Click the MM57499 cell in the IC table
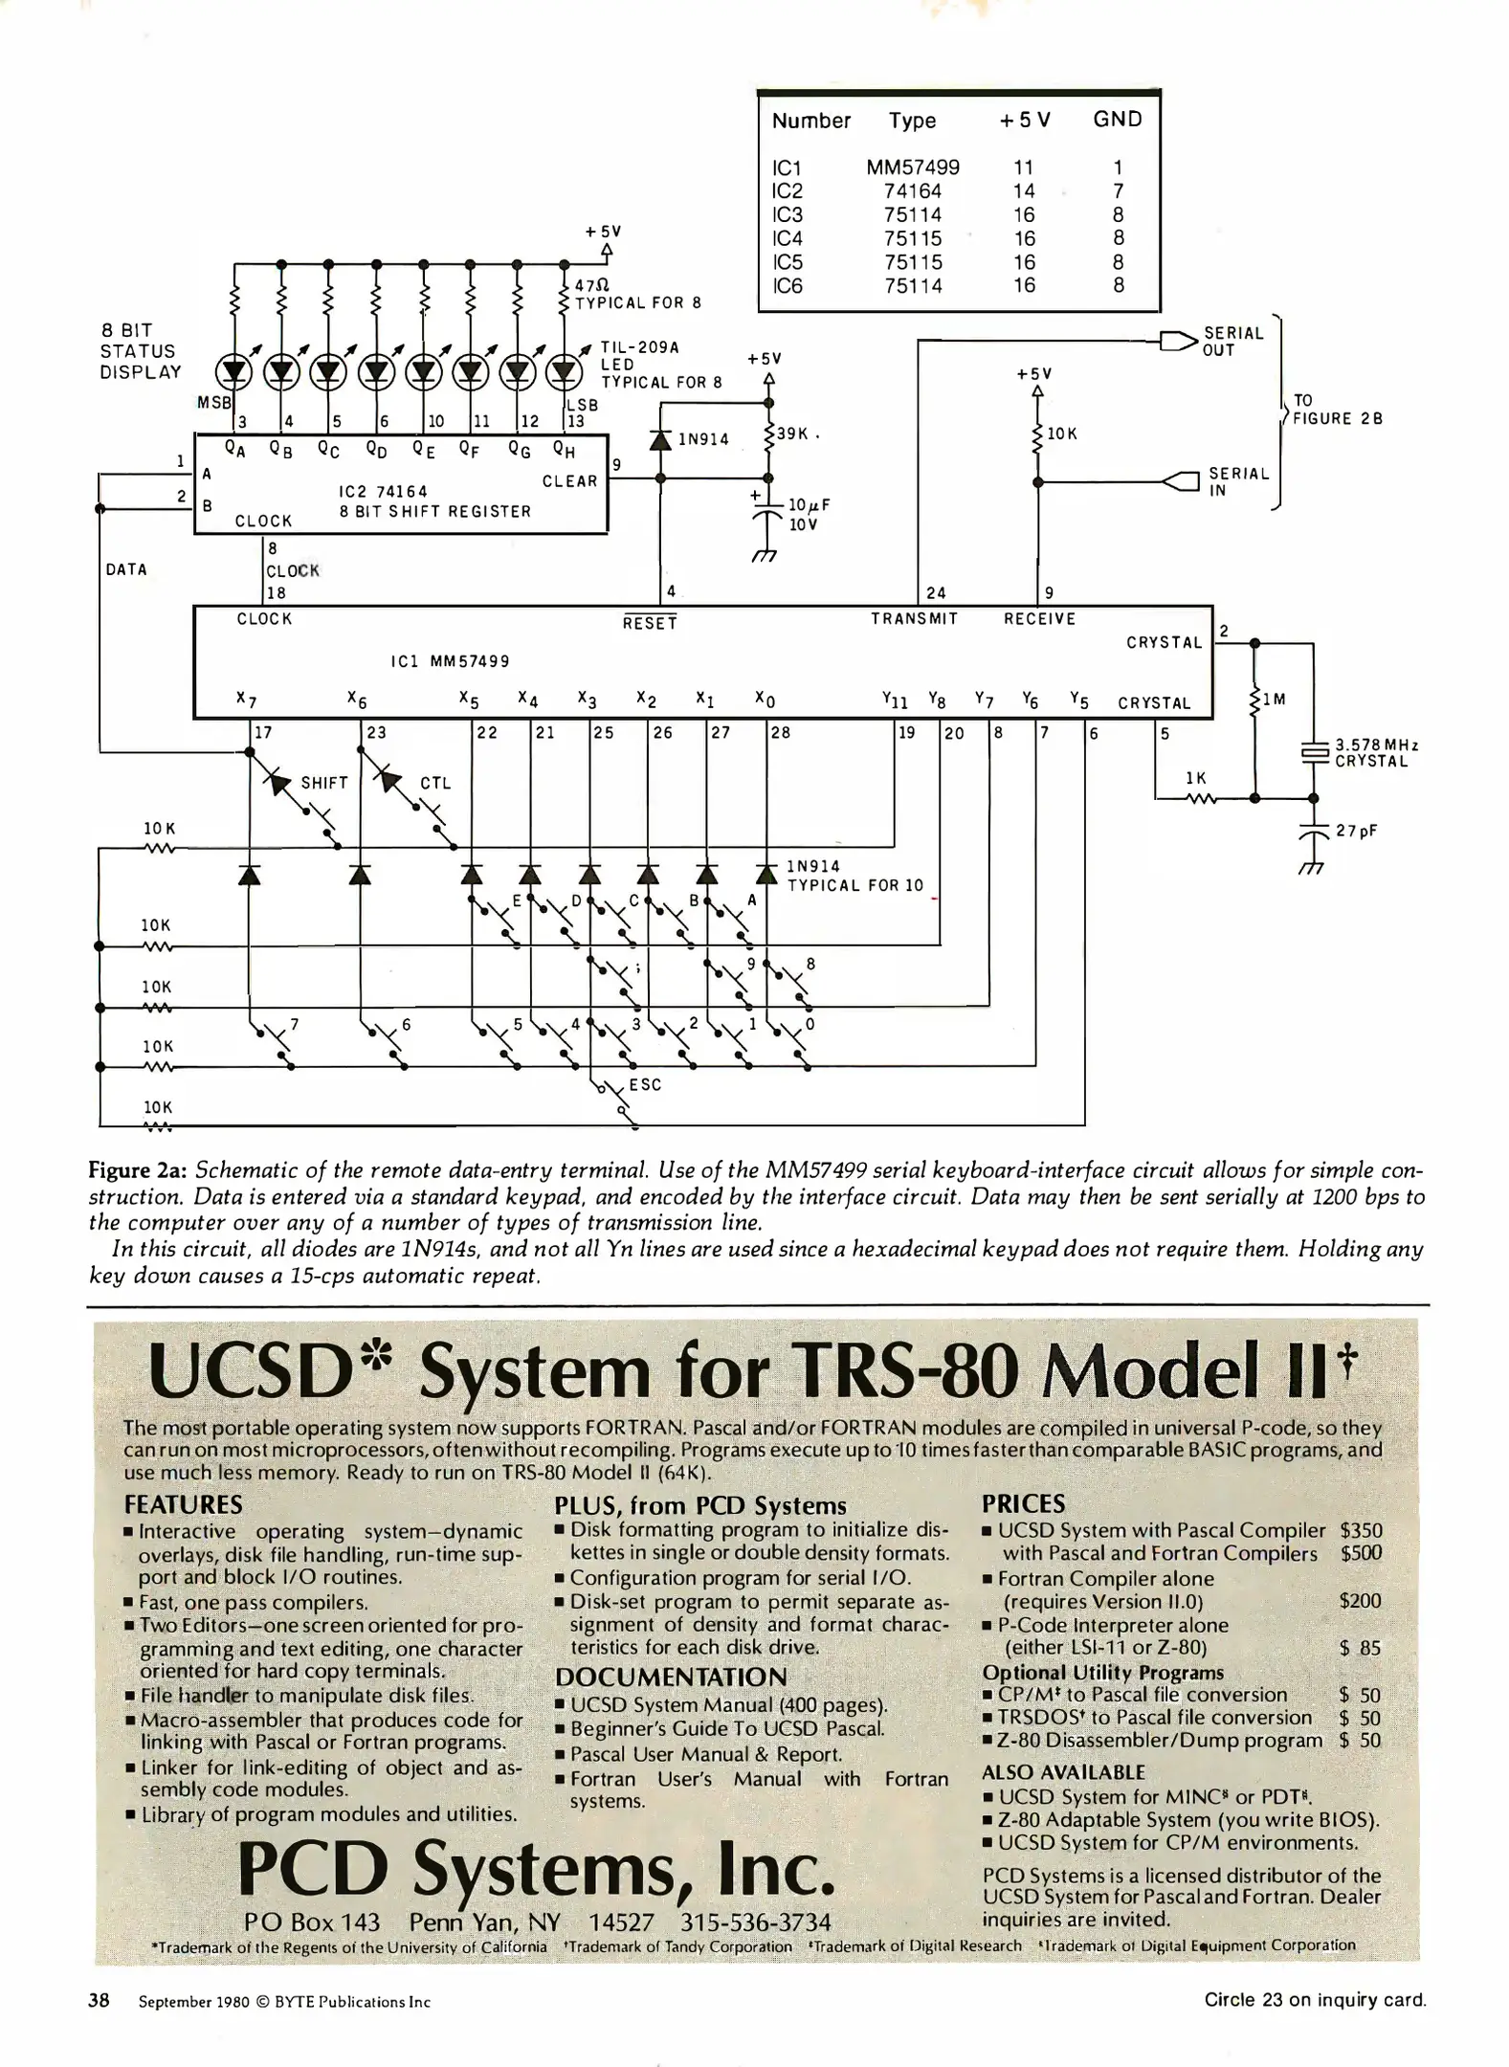click(x=912, y=167)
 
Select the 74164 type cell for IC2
click(x=912, y=191)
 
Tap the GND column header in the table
click(x=1117, y=120)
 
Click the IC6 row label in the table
click(x=787, y=286)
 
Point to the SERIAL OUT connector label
click(x=1232, y=342)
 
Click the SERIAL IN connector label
click(x=1238, y=481)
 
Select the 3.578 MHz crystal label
click(x=1376, y=753)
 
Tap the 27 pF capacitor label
click(x=1357, y=831)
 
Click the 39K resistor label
click(x=793, y=433)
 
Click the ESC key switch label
click(x=645, y=1084)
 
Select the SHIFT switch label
click(x=324, y=783)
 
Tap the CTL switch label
click(x=435, y=783)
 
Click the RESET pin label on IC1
click(x=650, y=624)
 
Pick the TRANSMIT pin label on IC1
click(x=914, y=619)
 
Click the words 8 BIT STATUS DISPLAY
click(x=140, y=351)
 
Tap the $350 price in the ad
click(x=1361, y=1531)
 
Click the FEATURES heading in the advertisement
click(x=183, y=1505)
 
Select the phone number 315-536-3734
click(x=755, y=1923)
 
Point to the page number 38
click(x=99, y=2000)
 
